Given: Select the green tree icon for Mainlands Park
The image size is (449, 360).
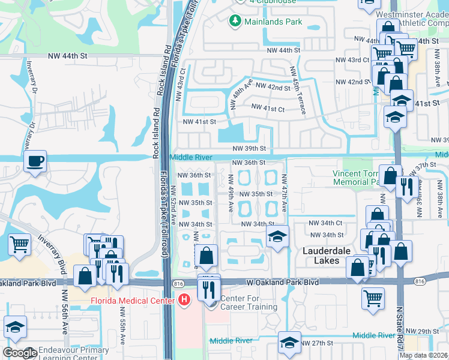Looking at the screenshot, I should click(x=235, y=22).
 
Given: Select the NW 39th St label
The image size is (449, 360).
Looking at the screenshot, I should click(x=249, y=149).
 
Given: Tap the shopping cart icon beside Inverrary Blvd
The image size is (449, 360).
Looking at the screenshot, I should click(x=19, y=244).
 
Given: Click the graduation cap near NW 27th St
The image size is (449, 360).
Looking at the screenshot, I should click(x=290, y=342).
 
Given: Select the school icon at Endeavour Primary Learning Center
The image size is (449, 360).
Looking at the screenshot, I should click(x=15, y=327).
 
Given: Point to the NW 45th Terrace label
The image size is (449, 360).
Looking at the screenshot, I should click(x=298, y=91).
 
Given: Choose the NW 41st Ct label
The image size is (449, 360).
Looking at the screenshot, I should click(x=267, y=108).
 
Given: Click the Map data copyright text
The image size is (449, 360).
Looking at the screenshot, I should click(x=423, y=355).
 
